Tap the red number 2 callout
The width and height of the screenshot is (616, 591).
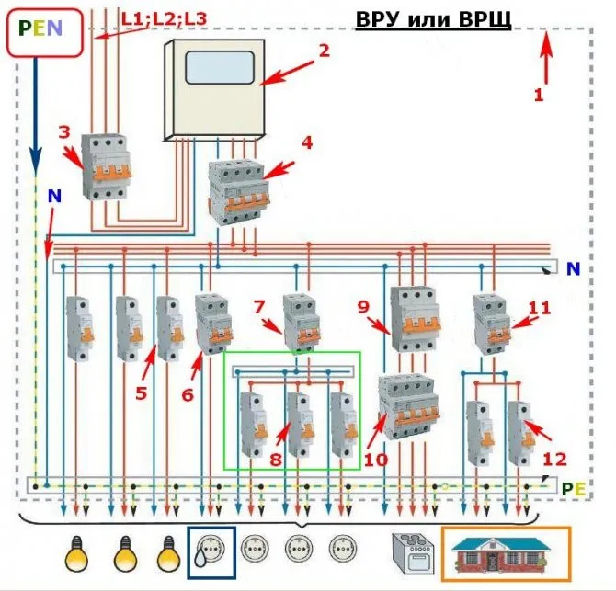coord(323,51)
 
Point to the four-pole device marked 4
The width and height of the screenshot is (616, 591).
coord(238,192)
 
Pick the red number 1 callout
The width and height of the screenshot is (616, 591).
coord(539,93)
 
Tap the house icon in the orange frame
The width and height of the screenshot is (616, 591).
coord(505,553)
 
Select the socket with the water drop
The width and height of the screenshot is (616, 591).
coord(211,553)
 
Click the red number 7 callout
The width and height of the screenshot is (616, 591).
coord(258,305)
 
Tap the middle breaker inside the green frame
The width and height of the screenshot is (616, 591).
coord(297,423)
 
